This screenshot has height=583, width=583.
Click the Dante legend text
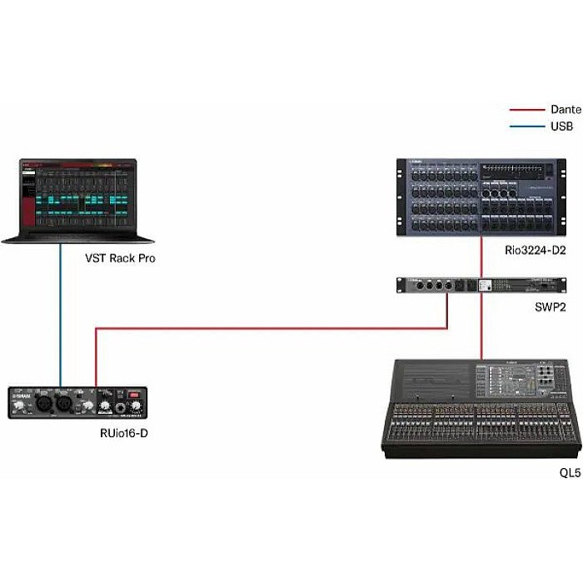point(565,109)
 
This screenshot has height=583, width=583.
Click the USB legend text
point(560,127)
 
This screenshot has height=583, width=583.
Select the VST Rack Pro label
point(119,258)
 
